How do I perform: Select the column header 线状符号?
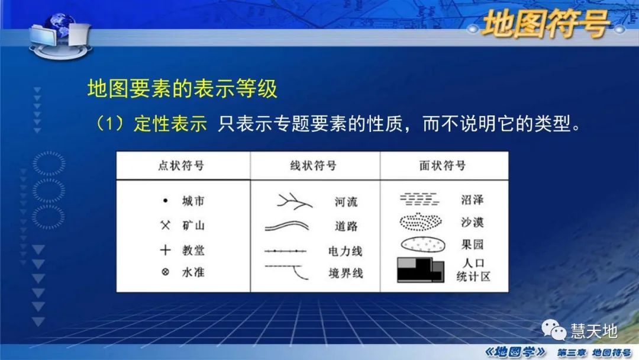(x=313, y=166)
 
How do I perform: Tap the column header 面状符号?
(x=442, y=166)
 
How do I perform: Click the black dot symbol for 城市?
(x=166, y=201)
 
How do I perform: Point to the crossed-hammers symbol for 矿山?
(x=166, y=226)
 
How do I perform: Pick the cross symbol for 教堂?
(x=166, y=250)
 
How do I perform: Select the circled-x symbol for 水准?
(x=166, y=273)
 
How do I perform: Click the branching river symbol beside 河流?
(x=293, y=201)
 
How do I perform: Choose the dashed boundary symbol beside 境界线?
(x=288, y=272)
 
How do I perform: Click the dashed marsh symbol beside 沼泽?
(x=419, y=198)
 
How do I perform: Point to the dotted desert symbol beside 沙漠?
(x=420, y=222)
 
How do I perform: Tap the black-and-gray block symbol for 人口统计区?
(x=419, y=269)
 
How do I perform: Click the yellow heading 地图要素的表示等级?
(x=182, y=89)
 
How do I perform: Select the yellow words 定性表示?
(x=170, y=124)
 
